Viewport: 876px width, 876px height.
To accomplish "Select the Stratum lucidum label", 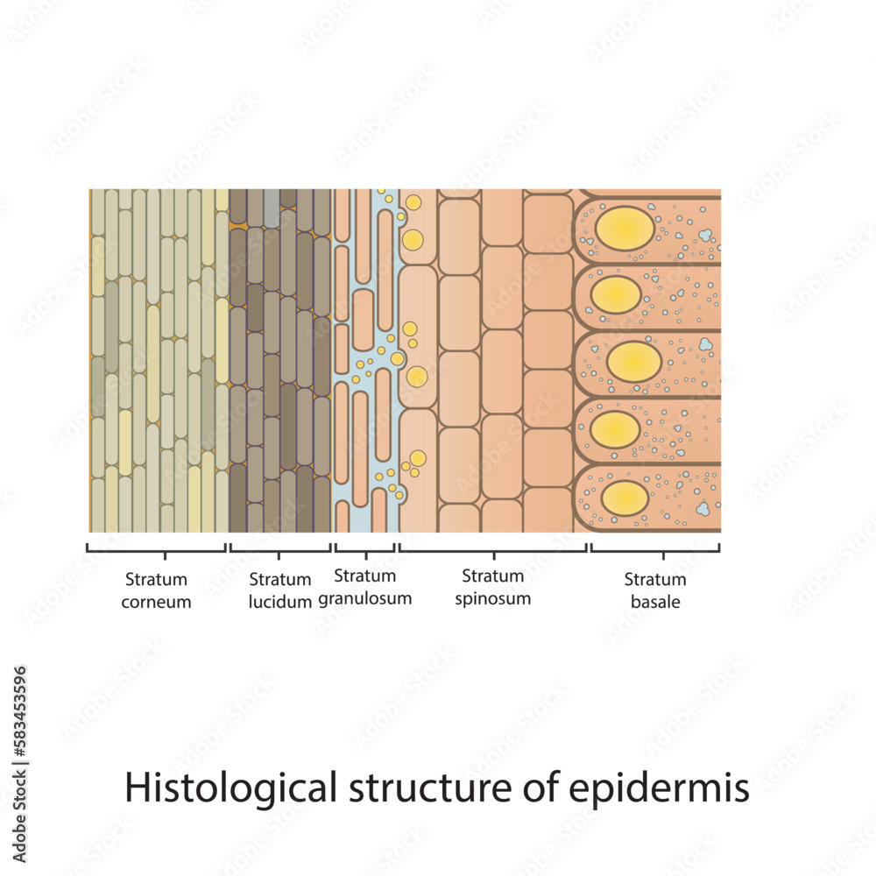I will (x=280, y=590).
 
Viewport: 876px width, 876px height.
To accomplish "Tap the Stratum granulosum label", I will (x=364, y=587).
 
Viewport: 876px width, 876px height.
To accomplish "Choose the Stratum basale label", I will (x=655, y=590).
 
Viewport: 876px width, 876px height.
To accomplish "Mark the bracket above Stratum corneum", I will (x=157, y=549).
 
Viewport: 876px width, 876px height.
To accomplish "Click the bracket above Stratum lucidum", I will (x=279, y=549).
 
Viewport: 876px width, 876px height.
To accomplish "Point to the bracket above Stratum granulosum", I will (x=364, y=549).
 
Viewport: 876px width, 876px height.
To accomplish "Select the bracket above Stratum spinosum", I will (x=493, y=549).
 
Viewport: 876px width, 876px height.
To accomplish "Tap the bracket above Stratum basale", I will (x=654, y=549).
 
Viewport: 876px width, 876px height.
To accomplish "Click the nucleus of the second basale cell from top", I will (x=616, y=294).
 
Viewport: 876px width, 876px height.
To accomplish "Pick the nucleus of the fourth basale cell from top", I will (x=616, y=429).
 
